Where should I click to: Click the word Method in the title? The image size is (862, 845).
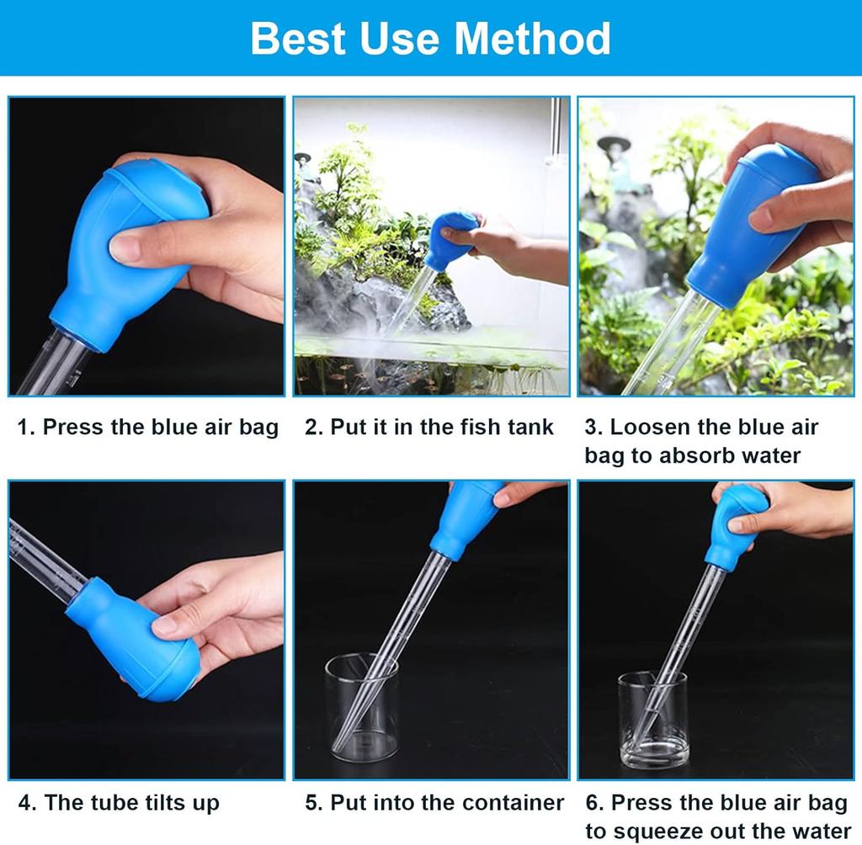pyautogui.click(x=532, y=39)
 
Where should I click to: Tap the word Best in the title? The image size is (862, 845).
pyautogui.click(x=299, y=39)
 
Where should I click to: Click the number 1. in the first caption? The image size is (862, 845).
pyautogui.click(x=26, y=428)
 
